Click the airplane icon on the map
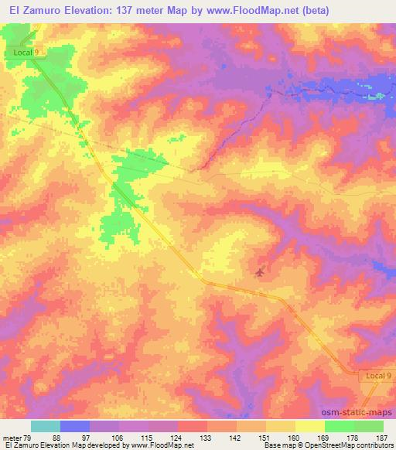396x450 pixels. (x=260, y=271)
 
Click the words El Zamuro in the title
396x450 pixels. (x=30, y=10)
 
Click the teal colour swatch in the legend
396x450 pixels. (x=46, y=427)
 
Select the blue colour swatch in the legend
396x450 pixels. (x=75, y=427)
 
